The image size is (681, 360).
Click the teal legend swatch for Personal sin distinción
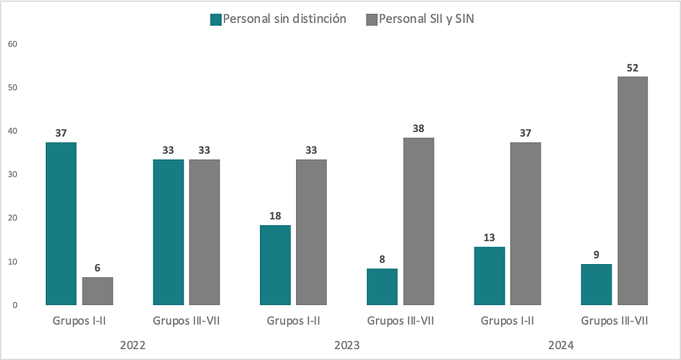pyautogui.click(x=215, y=20)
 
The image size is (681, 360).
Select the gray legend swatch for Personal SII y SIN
pyautogui.click(x=371, y=20)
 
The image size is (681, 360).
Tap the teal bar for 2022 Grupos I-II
pyautogui.click(x=61, y=223)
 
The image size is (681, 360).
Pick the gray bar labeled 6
pyautogui.click(x=98, y=291)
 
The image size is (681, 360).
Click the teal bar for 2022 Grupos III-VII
pyautogui.click(x=169, y=232)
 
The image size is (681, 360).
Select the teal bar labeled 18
pyautogui.click(x=275, y=265)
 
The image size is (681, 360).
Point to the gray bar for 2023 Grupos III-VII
pyautogui.click(x=419, y=221)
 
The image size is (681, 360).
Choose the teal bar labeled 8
pyautogui.click(x=382, y=286)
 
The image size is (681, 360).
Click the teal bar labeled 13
pyautogui.click(x=489, y=275)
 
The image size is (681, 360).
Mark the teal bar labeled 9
pyautogui.click(x=596, y=284)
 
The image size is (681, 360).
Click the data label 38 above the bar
pyautogui.click(x=418, y=129)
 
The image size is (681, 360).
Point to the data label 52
pyautogui.click(x=632, y=67)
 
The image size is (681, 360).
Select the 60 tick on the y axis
pyautogui.click(x=12, y=44)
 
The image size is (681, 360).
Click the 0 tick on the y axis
pyautogui.click(x=14, y=305)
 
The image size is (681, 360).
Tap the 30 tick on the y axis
pyautogui.click(x=12, y=174)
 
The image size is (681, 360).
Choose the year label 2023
pyautogui.click(x=347, y=345)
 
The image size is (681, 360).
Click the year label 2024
pyautogui.click(x=561, y=345)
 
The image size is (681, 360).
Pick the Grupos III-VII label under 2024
pyautogui.click(x=614, y=321)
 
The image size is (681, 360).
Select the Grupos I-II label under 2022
pyautogui.click(x=79, y=321)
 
